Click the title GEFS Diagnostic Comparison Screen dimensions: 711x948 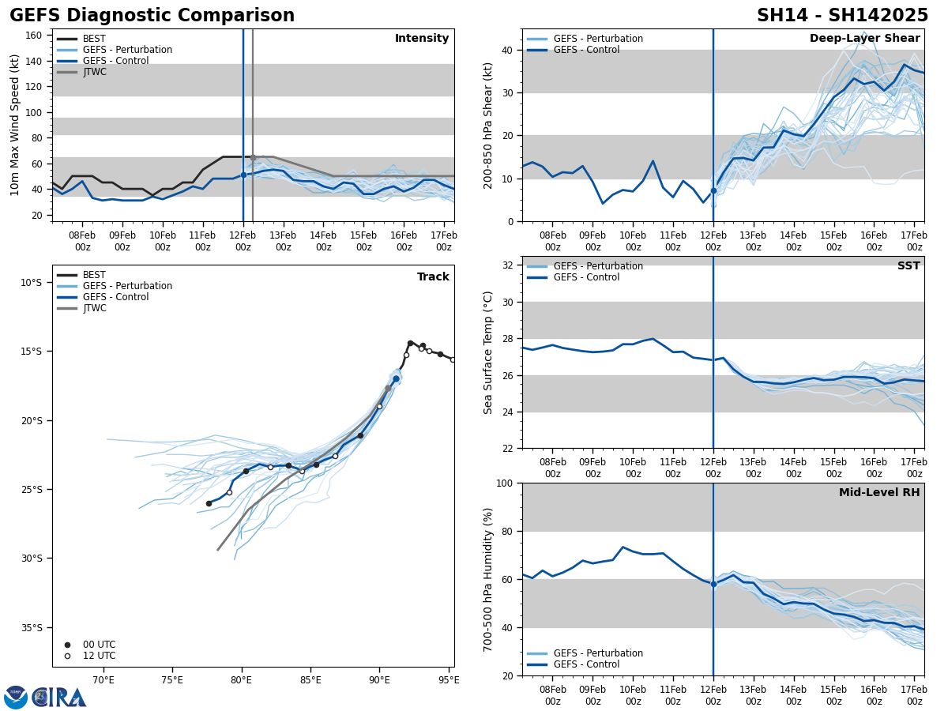152,16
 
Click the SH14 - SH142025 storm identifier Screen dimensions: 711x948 842,16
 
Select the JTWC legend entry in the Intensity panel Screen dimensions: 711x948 94,72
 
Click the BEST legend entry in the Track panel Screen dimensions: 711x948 94,275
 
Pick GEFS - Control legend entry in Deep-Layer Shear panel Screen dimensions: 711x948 586,50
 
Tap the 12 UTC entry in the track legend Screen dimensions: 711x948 99,656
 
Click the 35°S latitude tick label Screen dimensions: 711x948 32,627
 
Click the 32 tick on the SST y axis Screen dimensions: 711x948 510,265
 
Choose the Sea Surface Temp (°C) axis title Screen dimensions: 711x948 488,352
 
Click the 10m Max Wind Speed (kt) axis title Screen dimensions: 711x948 16,125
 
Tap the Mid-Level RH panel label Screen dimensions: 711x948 878,493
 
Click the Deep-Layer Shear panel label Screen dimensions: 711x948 864,39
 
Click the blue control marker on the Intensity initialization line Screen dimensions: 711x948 243,175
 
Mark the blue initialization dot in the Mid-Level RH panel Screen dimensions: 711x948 713,584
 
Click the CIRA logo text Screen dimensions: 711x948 60,697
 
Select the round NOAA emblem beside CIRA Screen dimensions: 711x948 16,697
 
